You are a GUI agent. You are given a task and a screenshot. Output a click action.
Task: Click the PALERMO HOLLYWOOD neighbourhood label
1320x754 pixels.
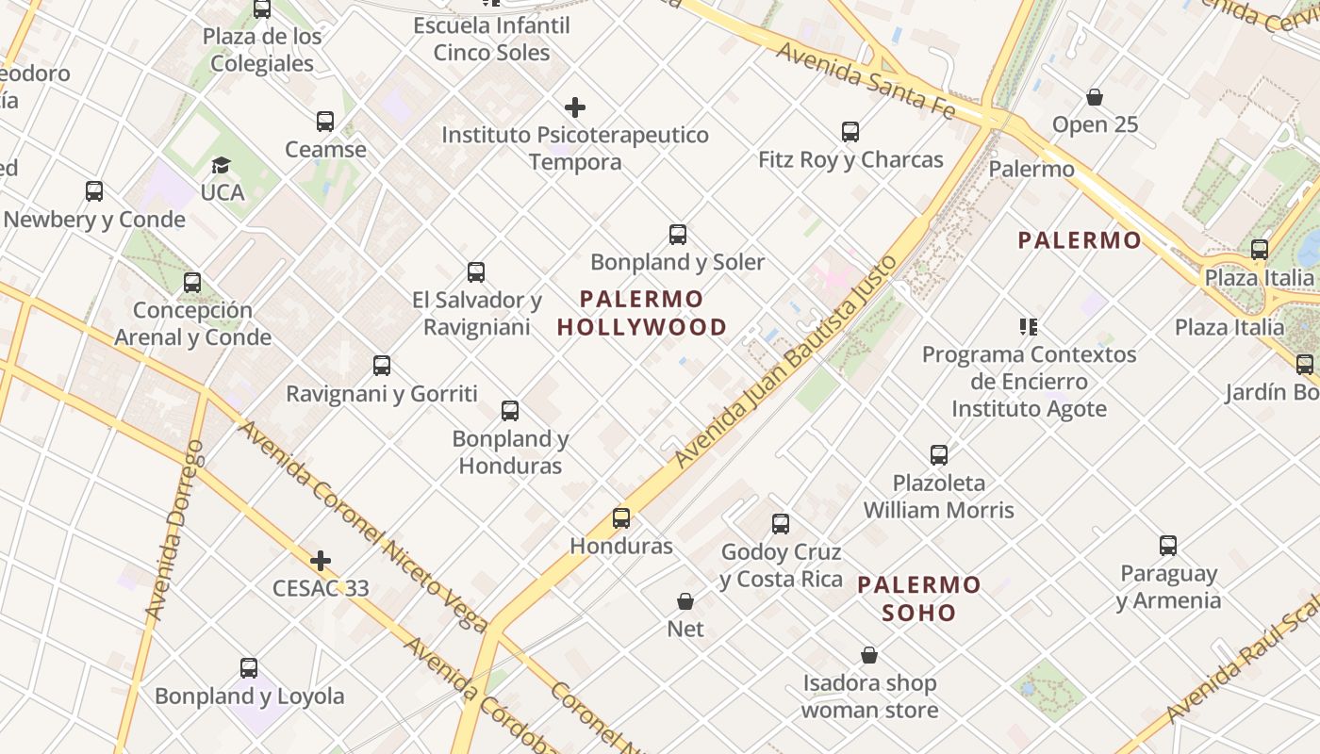[x=642, y=313]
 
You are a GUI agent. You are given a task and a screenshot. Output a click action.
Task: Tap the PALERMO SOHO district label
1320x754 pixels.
[x=918, y=598]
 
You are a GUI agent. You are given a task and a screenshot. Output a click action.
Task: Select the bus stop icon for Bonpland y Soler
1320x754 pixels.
[x=677, y=235]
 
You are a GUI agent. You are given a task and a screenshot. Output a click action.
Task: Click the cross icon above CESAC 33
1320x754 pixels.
[x=321, y=561]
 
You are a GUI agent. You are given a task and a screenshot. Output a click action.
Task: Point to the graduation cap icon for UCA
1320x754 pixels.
[x=221, y=165]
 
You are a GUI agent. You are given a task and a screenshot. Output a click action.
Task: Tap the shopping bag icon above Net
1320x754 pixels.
[x=685, y=601]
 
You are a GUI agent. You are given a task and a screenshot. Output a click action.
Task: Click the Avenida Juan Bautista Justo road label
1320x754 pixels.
[x=784, y=362]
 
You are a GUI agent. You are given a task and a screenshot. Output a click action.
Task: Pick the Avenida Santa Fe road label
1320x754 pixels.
[x=866, y=79]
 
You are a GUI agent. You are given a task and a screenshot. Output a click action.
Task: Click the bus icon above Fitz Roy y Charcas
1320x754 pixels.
[x=850, y=132]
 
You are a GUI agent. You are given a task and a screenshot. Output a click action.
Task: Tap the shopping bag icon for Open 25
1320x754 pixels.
[x=1095, y=97]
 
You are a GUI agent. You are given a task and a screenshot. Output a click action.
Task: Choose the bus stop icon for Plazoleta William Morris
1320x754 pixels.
[x=939, y=455]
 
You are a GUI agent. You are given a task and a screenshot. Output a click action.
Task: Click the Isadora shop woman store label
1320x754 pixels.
[x=869, y=697]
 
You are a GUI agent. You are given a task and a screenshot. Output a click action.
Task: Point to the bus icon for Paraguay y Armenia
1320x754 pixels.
[x=1168, y=546]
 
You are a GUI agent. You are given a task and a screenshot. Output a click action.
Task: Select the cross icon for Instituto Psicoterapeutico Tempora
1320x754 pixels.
[x=574, y=107]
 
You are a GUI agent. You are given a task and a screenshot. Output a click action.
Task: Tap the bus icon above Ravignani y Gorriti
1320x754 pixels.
[x=382, y=366]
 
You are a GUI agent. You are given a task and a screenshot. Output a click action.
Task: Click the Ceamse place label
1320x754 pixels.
[x=325, y=149]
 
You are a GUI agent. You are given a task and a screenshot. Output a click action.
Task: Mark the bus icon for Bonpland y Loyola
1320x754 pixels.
[x=249, y=668]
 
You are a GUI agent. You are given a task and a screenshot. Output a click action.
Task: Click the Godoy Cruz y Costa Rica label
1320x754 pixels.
[x=781, y=565]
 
